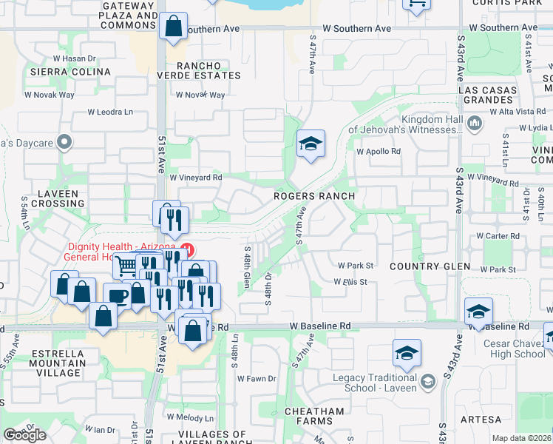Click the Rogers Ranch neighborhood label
(314, 196)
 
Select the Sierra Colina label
(70, 72)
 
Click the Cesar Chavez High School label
(514, 349)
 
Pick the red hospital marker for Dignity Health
(188, 249)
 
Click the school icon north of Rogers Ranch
(311, 144)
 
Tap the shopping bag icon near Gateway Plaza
(172, 27)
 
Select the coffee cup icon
(117, 295)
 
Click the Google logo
(24, 435)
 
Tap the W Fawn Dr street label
(257, 379)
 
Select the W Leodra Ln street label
(110, 112)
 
